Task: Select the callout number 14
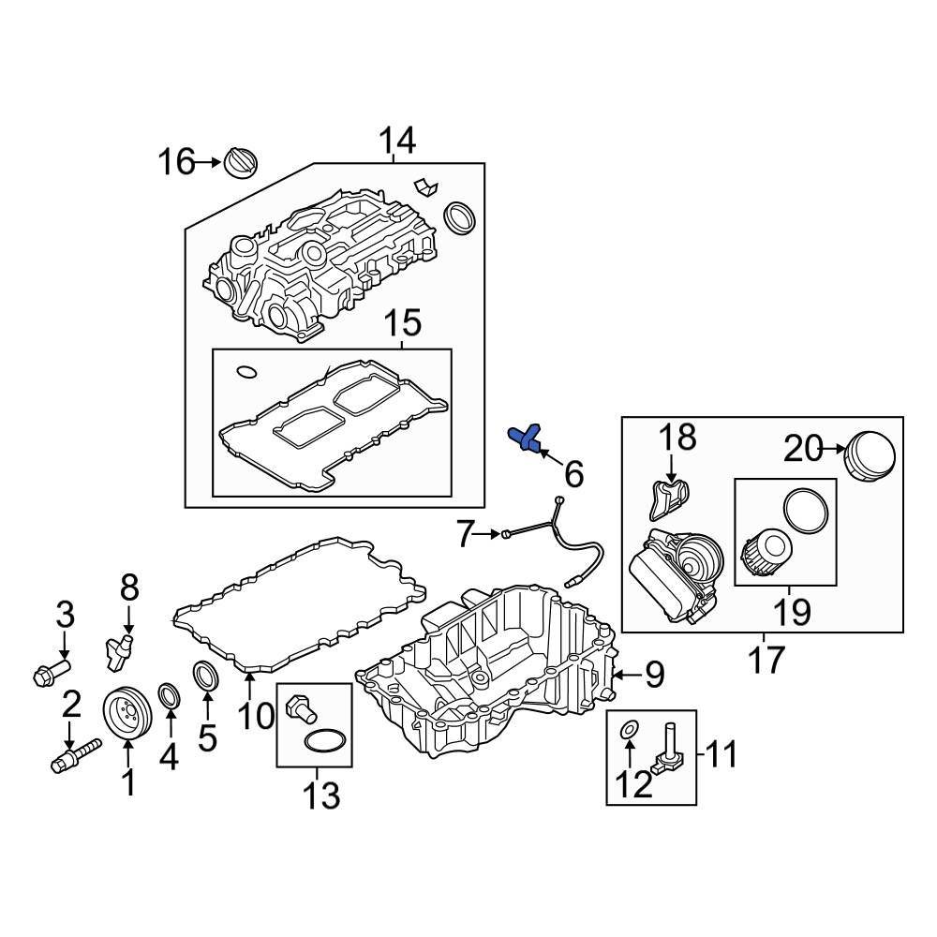(397, 141)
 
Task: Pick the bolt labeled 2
(74, 754)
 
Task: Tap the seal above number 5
(206, 675)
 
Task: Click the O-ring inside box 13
(320, 742)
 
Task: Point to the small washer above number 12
(631, 728)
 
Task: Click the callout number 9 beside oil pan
(653, 673)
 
